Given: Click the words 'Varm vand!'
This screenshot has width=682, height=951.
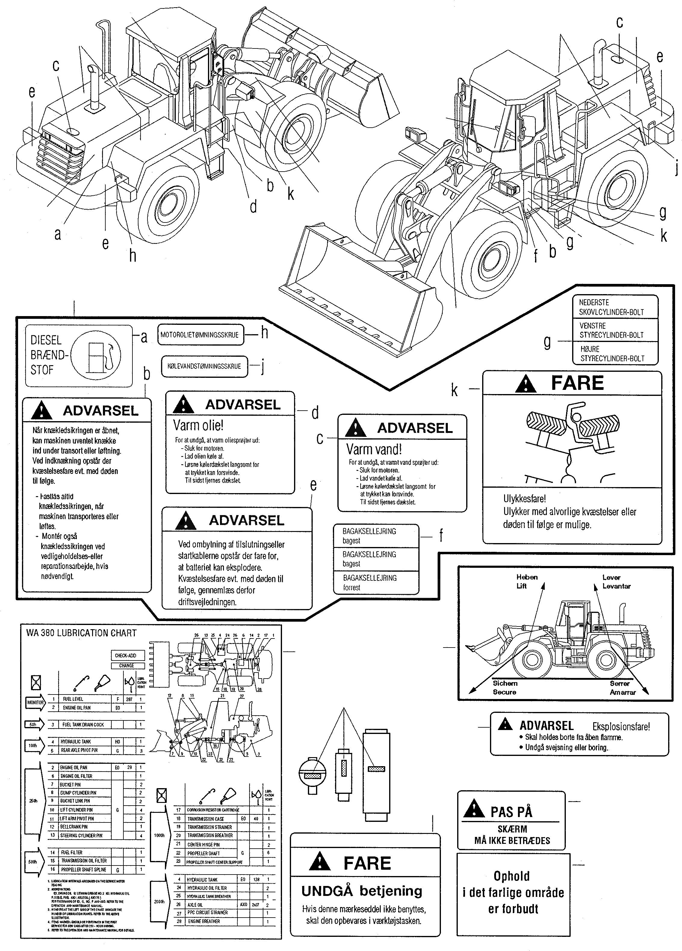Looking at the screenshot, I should (x=374, y=449).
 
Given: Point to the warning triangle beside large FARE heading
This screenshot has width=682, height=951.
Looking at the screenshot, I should (x=526, y=384).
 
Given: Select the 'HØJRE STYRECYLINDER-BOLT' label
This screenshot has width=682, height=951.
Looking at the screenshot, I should (x=612, y=353).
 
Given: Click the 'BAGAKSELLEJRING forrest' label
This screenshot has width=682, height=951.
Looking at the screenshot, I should (x=370, y=583).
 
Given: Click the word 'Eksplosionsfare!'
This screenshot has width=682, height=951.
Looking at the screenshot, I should (x=621, y=727).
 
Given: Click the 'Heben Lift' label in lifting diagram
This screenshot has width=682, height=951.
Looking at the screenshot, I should (x=526, y=581).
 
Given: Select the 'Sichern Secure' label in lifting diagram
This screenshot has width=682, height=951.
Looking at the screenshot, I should (x=505, y=688).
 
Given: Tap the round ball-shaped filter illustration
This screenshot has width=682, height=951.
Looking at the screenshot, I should (x=312, y=775).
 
